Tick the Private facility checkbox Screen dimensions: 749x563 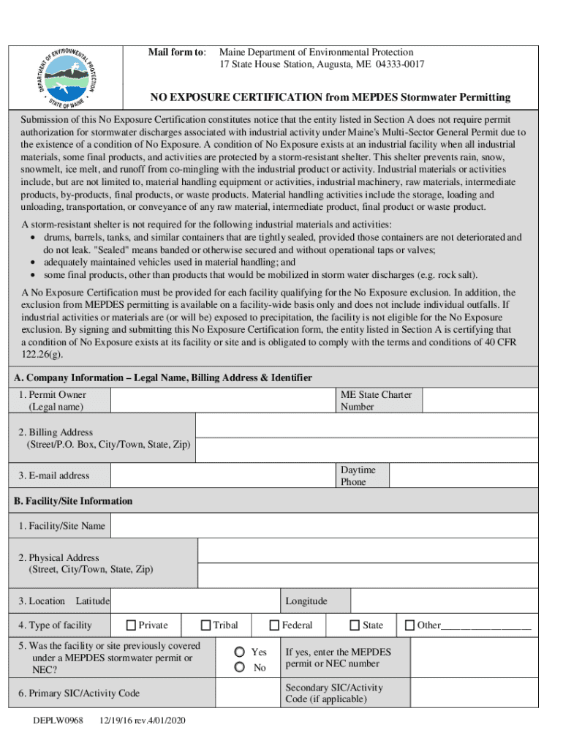click(x=131, y=625)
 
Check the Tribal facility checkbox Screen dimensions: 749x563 click(x=206, y=625)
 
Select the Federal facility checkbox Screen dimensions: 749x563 click(x=274, y=625)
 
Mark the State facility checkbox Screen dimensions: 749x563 click(x=355, y=625)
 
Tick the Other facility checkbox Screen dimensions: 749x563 click(x=410, y=625)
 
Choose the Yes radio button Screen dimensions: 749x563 click(x=239, y=652)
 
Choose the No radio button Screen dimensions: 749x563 click(x=239, y=667)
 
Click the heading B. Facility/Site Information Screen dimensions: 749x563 click(x=73, y=501)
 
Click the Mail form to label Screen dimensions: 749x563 click(x=177, y=53)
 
